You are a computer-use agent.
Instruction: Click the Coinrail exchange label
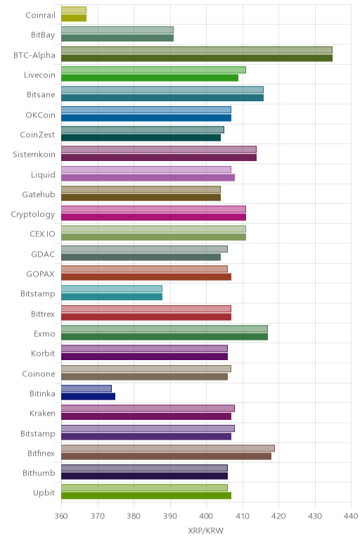click(40, 15)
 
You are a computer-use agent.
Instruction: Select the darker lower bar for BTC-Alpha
click(197, 58)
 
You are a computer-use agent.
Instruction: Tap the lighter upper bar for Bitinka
click(86, 388)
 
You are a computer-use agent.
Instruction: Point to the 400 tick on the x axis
click(206, 516)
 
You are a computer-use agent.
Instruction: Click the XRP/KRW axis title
click(206, 530)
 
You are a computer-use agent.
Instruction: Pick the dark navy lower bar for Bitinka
click(89, 397)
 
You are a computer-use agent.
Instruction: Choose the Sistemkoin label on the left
click(34, 155)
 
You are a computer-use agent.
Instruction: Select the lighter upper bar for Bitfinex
click(168, 449)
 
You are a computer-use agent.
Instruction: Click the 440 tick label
click(351, 516)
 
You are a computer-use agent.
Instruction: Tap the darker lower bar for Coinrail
click(74, 18)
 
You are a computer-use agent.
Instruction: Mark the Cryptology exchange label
click(33, 215)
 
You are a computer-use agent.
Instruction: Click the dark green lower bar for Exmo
click(165, 337)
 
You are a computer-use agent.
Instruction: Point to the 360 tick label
click(61, 516)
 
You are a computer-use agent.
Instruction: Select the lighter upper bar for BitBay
click(117, 30)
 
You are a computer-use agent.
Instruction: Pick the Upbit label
click(44, 493)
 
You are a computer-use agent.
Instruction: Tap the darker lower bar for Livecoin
click(150, 78)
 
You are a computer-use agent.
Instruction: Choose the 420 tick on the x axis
click(278, 516)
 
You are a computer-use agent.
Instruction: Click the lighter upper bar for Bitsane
click(162, 90)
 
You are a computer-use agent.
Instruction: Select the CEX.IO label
click(43, 234)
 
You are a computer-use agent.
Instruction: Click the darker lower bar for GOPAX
click(146, 277)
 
